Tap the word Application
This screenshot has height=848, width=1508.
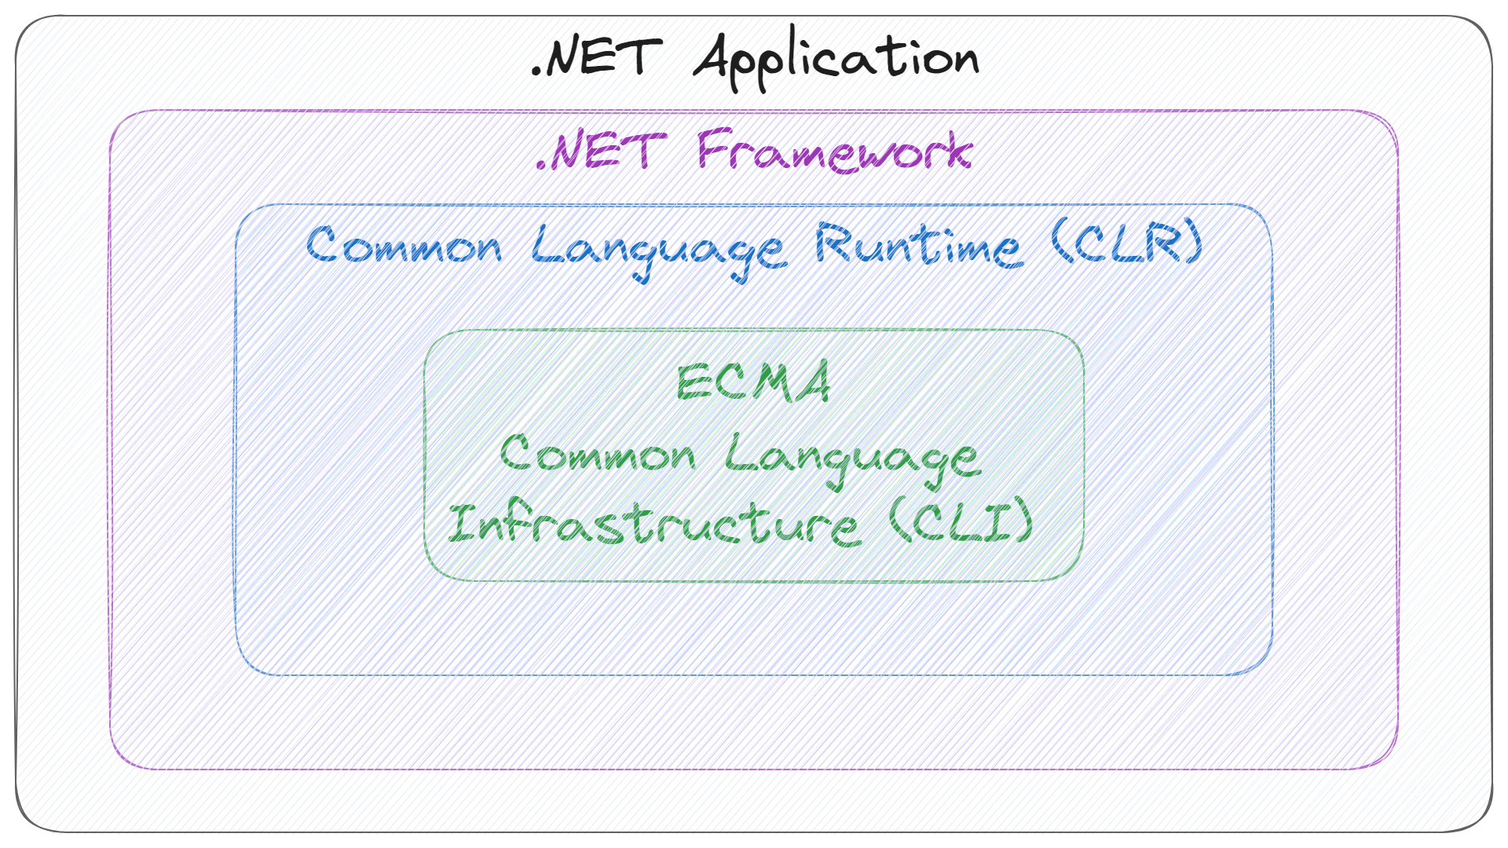click(x=836, y=58)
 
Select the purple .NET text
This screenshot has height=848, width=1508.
click(x=600, y=151)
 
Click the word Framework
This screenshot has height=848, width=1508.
click(x=835, y=150)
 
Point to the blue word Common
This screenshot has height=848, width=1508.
click(x=404, y=245)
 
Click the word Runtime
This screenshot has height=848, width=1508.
click(x=919, y=245)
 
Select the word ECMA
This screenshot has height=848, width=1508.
click(x=753, y=382)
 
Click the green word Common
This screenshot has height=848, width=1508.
click(x=598, y=453)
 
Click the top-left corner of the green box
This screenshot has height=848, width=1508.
click(x=425, y=331)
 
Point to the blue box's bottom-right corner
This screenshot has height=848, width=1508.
click(x=1272, y=674)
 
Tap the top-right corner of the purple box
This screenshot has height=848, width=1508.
click(x=1397, y=111)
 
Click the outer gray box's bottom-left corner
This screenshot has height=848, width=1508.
click(x=16, y=832)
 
